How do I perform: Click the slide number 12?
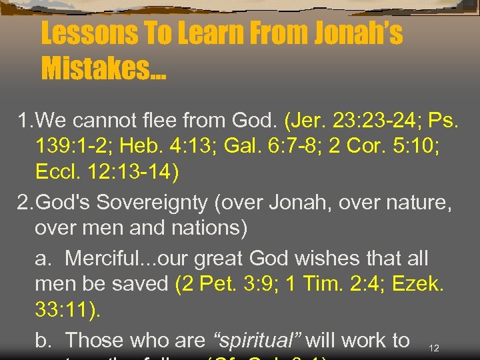click(x=434, y=348)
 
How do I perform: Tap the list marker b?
click(x=43, y=340)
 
